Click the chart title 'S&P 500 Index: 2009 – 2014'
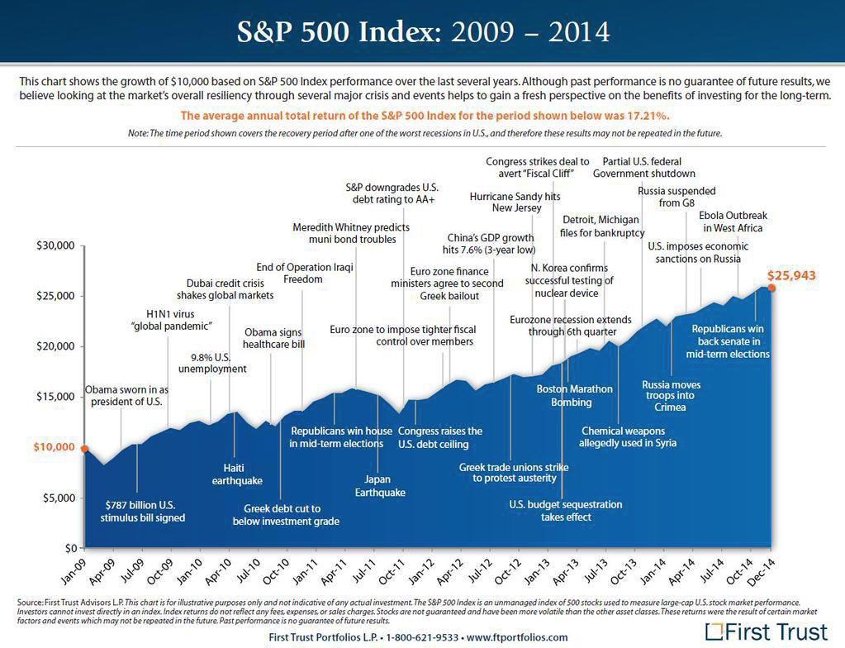point(423,31)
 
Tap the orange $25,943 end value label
point(791,275)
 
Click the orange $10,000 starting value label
point(54,447)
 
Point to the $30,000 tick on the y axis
point(55,245)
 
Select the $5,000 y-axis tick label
point(59,498)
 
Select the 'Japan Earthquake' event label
point(380,485)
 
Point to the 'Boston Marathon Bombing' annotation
point(575,395)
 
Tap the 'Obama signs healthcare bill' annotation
point(274,339)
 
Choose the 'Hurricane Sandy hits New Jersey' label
point(515,202)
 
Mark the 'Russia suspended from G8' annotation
point(676,197)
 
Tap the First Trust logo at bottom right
point(766,632)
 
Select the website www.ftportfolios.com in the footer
point(517,637)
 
